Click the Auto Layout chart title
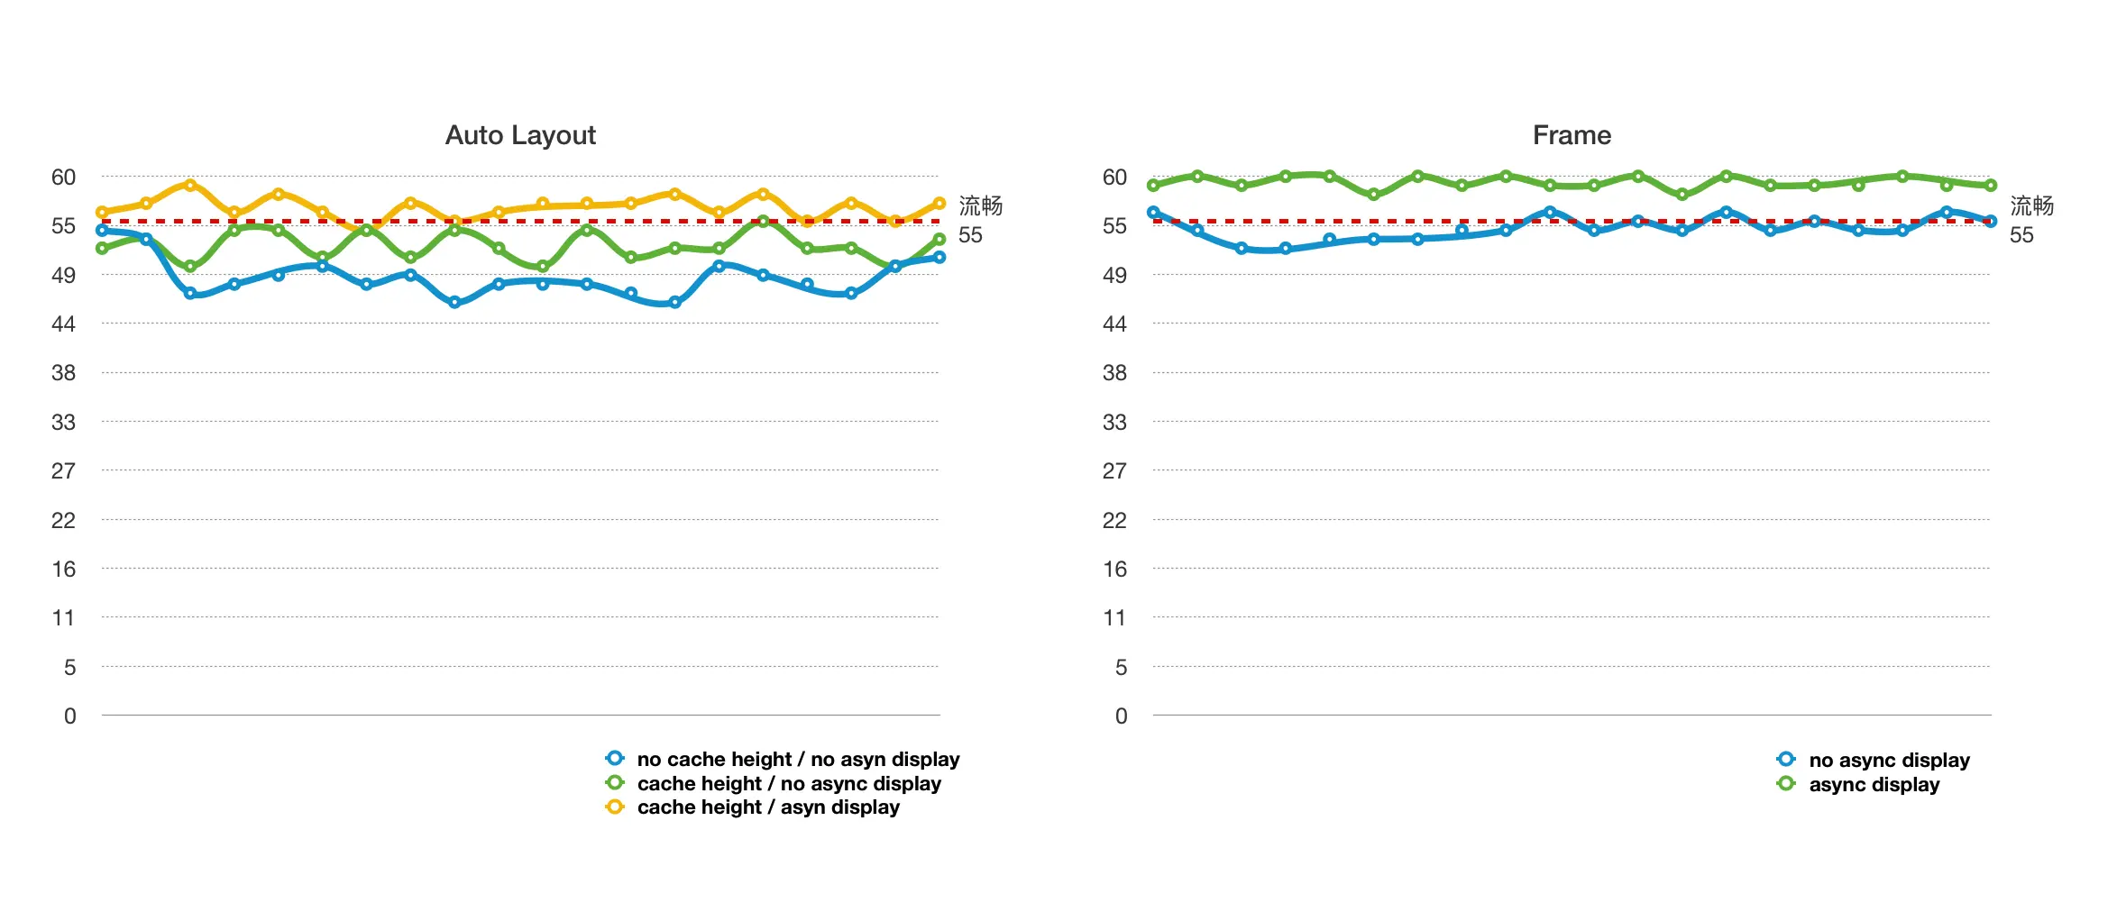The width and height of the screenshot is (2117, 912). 520,135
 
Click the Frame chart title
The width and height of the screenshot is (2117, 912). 1572,135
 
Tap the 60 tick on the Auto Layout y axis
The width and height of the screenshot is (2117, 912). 63,178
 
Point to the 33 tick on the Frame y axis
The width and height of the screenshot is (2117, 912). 1114,422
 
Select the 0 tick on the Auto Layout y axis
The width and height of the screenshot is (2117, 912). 69,716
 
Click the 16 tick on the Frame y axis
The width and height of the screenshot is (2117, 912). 1114,569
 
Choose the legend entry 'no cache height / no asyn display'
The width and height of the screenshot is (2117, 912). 797,760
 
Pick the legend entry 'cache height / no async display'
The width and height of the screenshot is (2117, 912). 788,784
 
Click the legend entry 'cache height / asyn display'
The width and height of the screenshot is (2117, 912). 767,807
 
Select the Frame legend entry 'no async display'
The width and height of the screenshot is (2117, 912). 1888,761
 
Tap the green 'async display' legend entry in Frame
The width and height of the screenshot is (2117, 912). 1873,785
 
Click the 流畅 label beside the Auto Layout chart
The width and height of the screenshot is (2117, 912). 980,206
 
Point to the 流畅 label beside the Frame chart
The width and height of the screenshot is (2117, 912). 2031,206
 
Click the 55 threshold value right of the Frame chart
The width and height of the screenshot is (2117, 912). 2021,235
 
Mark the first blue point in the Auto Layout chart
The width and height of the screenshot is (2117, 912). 102,231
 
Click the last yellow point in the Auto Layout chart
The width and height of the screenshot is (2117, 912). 939,204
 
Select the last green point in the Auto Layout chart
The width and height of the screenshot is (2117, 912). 939,240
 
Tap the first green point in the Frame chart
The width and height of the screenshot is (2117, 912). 1153,186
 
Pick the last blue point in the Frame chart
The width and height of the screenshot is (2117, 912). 1991,221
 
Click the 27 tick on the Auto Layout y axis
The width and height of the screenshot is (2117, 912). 63,471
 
